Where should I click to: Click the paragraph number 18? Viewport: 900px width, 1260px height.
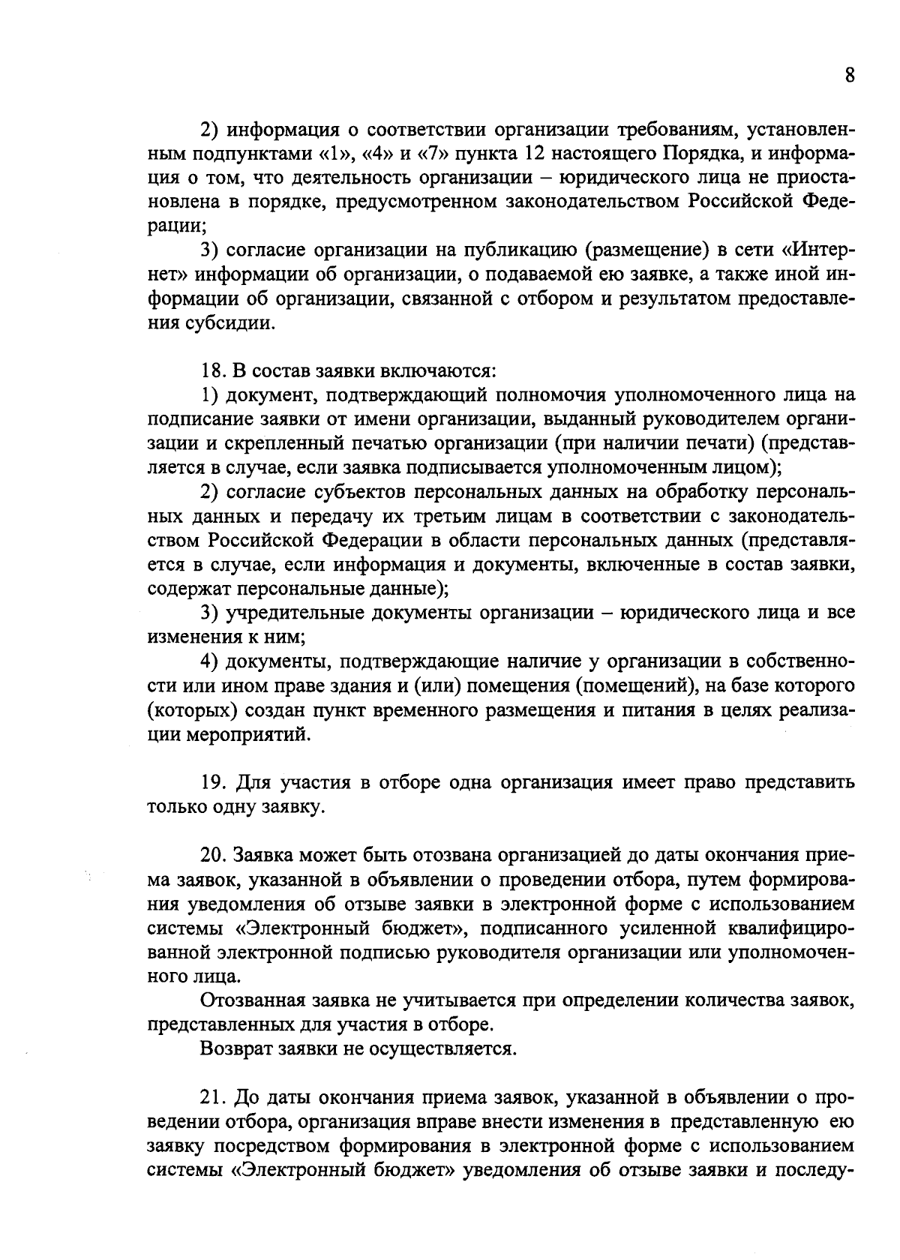(212, 370)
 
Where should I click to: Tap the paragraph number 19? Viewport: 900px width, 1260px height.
(212, 783)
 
